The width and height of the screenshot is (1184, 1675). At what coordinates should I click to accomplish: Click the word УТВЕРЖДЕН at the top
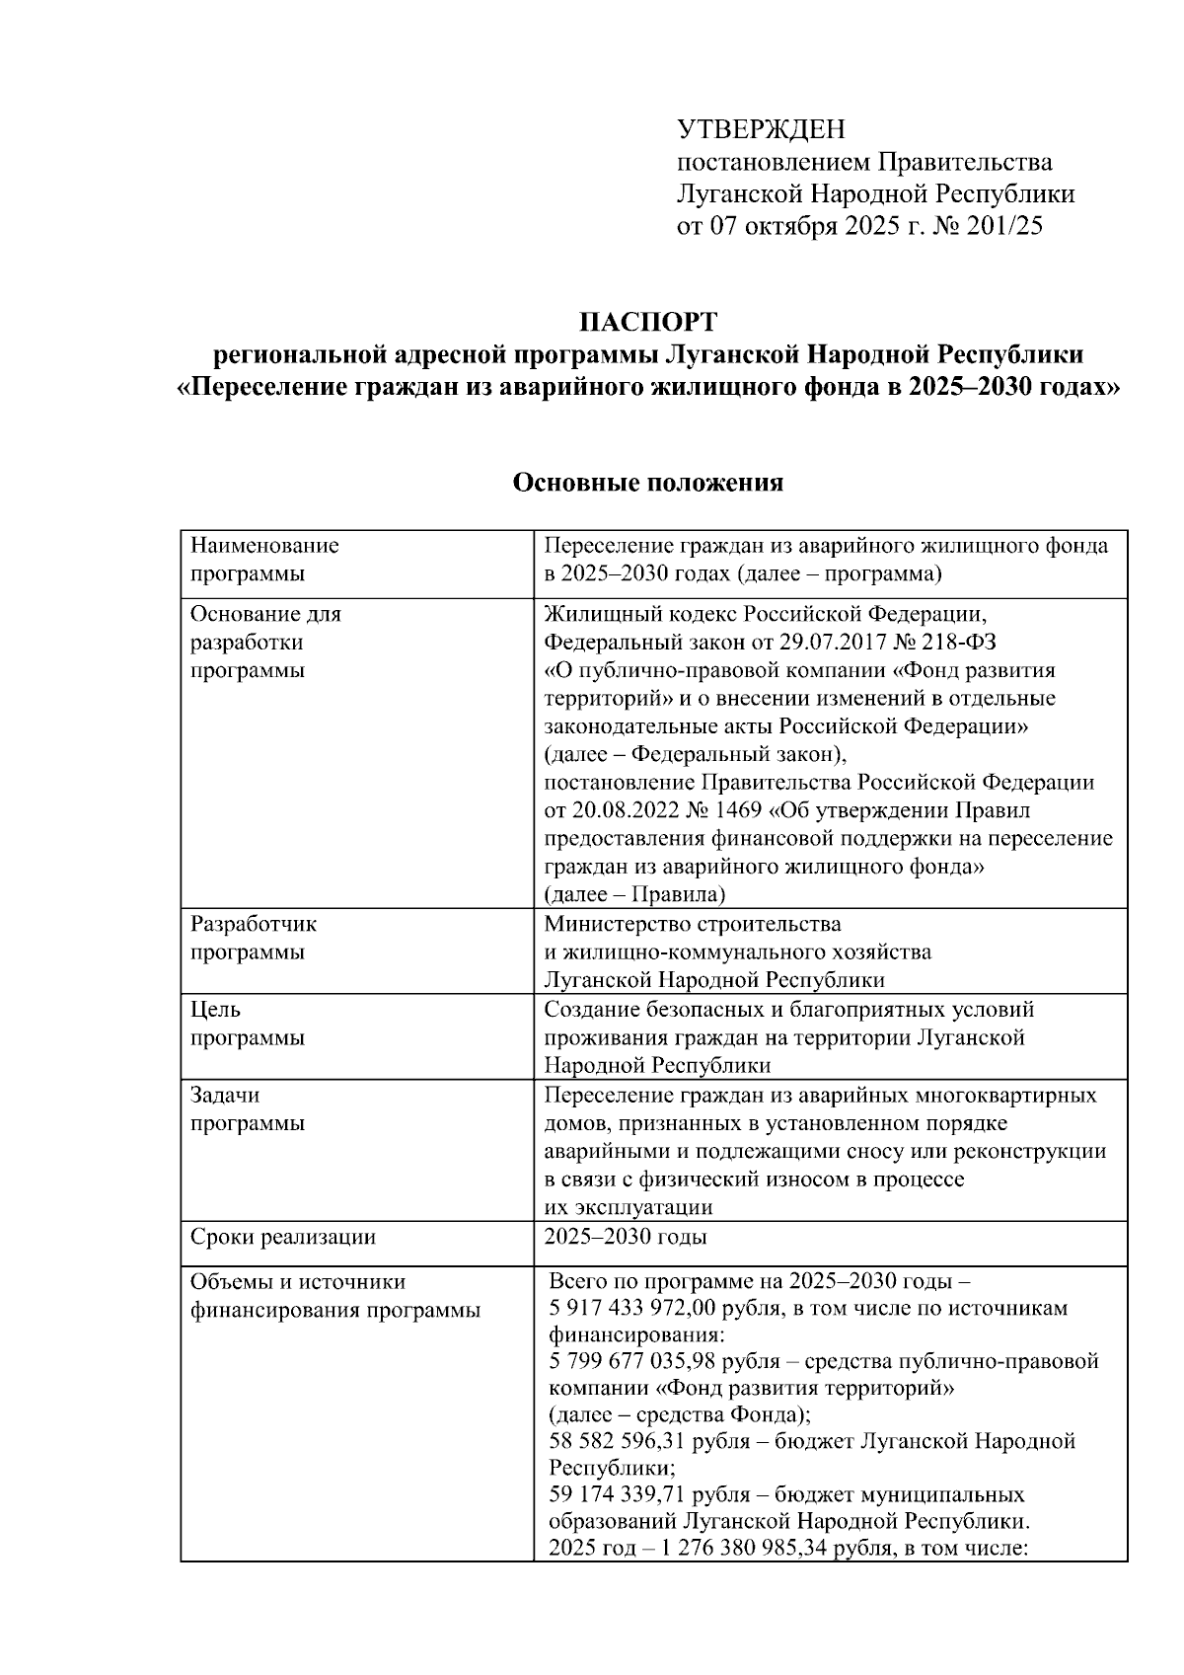pyautogui.click(x=761, y=129)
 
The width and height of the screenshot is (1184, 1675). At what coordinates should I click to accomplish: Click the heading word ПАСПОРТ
pyautogui.click(x=648, y=323)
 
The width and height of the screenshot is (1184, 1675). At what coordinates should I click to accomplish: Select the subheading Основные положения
pyautogui.click(x=648, y=483)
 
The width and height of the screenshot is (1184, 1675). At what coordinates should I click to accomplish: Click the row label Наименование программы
pyautogui.click(x=264, y=560)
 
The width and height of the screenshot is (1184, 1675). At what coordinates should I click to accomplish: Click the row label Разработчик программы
pyautogui.click(x=254, y=939)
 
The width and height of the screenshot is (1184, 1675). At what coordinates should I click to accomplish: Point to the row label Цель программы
pyautogui.click(x=248, y=1024)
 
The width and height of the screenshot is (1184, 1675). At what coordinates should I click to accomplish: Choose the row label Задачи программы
pyautogui.click(x=248, y=1109)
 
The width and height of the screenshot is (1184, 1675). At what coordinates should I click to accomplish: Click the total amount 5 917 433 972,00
pyautogui.click(x=635, y=1309)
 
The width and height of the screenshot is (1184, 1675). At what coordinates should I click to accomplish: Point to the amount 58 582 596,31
pyautogui.click(x=618, y=1442)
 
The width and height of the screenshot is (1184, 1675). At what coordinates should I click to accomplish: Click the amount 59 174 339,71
pyautogui.click(x=618, y=1495)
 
